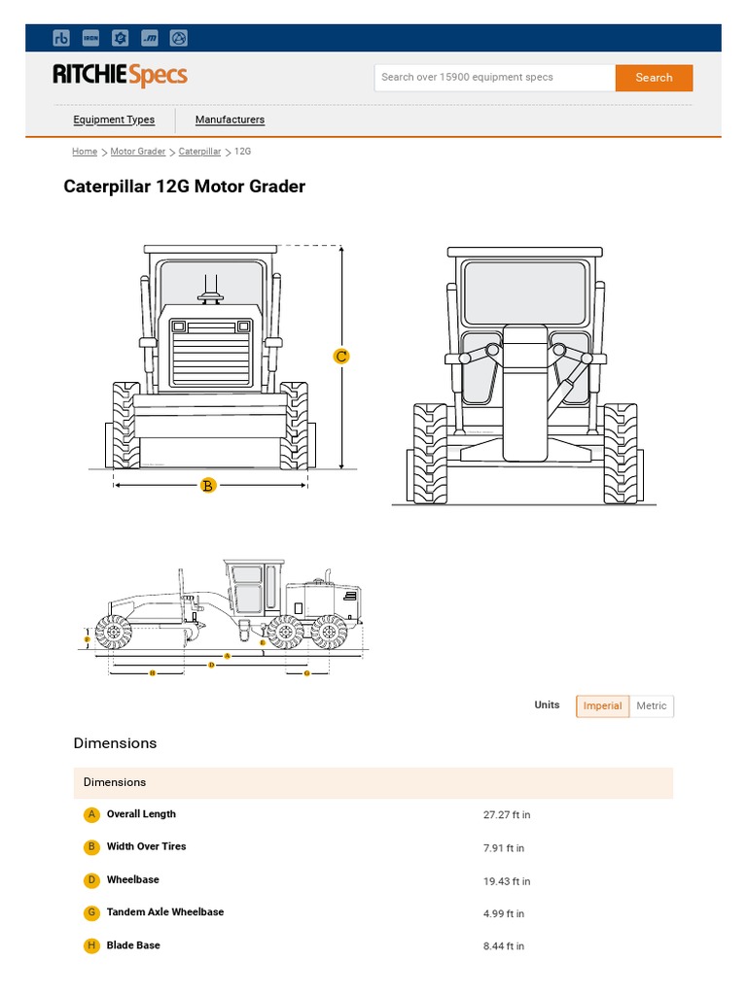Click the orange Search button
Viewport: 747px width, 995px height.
tap(654, 78)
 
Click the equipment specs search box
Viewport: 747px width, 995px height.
tap(494, 78)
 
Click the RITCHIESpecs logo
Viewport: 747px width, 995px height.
tap(120, 76)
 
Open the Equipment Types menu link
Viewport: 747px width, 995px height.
tap(114, 120)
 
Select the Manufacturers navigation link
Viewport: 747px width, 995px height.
tap(230, 120)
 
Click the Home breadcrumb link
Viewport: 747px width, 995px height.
tap(85, 152)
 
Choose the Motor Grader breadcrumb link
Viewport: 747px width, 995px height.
tap(138, 152)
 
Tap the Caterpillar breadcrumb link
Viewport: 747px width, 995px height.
tap(199, 152)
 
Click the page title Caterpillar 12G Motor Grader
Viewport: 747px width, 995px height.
tap(185, 186)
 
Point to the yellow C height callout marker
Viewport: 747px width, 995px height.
tap(341, 357)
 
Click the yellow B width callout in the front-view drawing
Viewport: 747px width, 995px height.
tap(207, 485)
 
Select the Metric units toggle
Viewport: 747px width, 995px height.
tap(652, 705)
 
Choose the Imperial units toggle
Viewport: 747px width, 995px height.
tap(602, 705)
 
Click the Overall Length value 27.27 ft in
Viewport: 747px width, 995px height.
tap(507, 815)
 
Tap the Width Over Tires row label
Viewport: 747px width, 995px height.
tap(146, 846)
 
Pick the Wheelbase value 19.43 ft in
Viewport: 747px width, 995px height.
tap(507, 881)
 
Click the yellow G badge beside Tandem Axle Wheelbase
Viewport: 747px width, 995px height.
tap(92, 912)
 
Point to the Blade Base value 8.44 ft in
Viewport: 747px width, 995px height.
tap(504, 946)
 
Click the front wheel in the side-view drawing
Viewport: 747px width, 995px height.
tap(114, 634)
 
